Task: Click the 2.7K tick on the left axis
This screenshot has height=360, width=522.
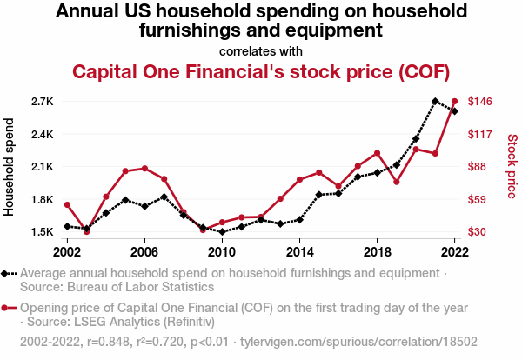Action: click(41, 102)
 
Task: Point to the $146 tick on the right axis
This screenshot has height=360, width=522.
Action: click(481, 102)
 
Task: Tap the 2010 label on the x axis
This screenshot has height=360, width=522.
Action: click(222, 251)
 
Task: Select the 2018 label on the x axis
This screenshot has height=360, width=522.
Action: click(377, 251)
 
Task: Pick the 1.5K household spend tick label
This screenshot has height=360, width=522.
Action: click(41, 232)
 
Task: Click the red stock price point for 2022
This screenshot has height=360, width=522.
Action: click(454, 102)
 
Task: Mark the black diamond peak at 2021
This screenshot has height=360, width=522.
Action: click(435, 102)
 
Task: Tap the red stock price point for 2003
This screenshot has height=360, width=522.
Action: click(86, 232)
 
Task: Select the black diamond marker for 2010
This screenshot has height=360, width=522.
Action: click(222, 232)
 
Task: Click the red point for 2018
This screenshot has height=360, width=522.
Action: click(377, 153)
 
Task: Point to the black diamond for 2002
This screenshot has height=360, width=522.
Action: click(67, 226)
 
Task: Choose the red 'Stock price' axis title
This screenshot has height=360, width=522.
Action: click(512, 165)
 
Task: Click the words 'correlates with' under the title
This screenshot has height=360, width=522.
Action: click(261, 50)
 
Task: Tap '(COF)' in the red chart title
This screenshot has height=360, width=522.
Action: click(421, 71)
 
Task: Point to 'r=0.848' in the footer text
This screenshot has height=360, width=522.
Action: click(116, 342)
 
